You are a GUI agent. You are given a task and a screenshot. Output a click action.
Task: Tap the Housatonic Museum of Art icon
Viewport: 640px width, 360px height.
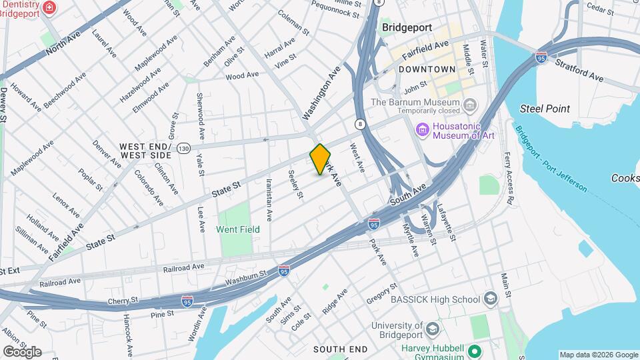pyautogui.click(x=422, y=129)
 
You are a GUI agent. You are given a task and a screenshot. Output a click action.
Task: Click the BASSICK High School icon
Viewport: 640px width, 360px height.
pyautogui.click(x=491, y=299)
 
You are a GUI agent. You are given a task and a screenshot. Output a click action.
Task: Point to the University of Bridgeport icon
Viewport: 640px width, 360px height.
pyautogui.click(x=433, y=330)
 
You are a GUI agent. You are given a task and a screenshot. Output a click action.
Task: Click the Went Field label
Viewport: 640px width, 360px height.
pyautogui.click(x=238, y=229)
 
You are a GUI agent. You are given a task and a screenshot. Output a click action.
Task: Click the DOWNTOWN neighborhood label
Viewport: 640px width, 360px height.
pyautogui.click(x=427, y=69)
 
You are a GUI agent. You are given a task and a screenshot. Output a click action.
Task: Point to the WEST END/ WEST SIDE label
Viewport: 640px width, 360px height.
pyautogui.click(x=145, y=150)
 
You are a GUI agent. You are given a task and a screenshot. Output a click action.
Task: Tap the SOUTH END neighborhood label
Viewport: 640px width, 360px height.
pyautogui.click(x=340, y=349)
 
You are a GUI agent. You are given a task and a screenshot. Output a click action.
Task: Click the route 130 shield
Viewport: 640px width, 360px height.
pyautogui.click(x=183, y=147)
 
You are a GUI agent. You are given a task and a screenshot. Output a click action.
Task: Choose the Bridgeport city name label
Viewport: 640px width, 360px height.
pyautogui.click(x=407, y=28)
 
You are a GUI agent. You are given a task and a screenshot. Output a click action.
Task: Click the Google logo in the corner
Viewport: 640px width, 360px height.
pyautogui.click(x=22, y=351)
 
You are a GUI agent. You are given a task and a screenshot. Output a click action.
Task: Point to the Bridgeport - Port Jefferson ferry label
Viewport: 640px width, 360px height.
pyautogui.click(x=551, y=157)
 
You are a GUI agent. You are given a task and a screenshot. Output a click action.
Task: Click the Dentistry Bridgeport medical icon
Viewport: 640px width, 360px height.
pyautogui.click(x=49, y=8)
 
